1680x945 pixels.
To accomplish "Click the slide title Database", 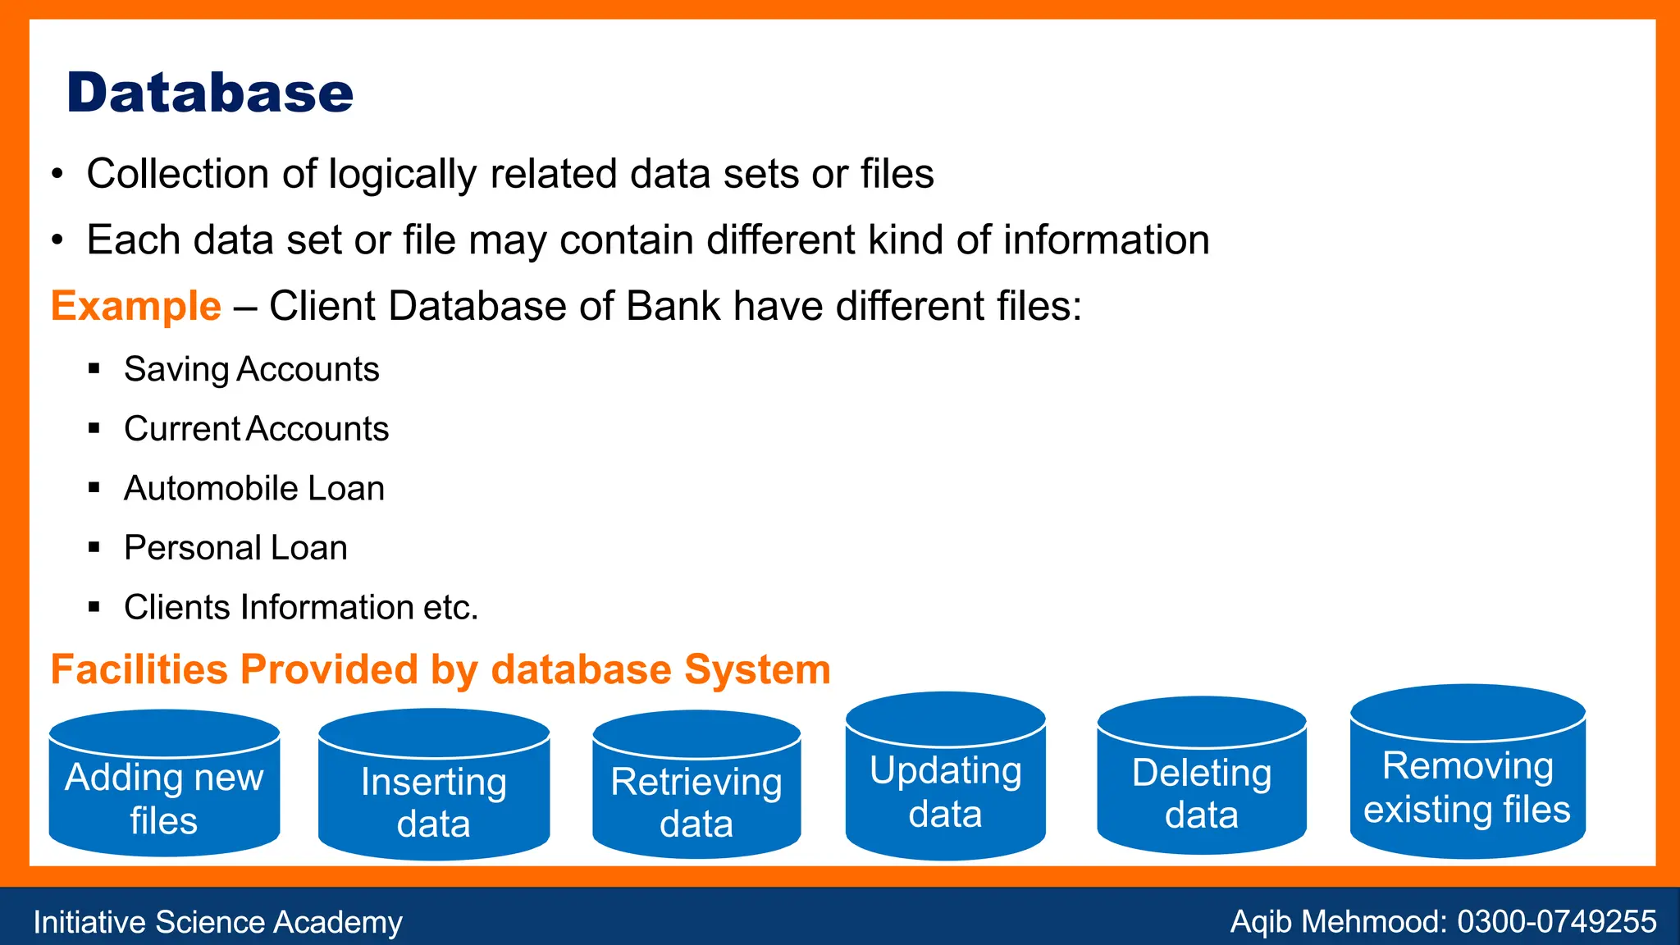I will click(x=210, y=93).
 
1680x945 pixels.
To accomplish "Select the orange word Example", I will click(x=136, y=306).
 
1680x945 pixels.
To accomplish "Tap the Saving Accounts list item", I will click(x=251, y=369).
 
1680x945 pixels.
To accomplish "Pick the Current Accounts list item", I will click(x=256, y=429).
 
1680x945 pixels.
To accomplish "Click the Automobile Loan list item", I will click(x=254, y=488).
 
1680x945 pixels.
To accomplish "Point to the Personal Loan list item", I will click(x=235, y=548).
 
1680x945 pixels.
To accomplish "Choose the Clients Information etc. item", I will click(x=300, y=608).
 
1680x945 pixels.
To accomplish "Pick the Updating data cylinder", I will click(x=946, y=792).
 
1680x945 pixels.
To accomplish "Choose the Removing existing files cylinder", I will click(x=1468, y=787).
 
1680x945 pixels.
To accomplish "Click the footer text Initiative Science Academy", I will click(x=217, y=922).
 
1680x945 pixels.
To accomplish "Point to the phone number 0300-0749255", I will click(x=1557, y=922).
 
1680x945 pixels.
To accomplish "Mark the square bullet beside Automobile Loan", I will click(x=94, y=488).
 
